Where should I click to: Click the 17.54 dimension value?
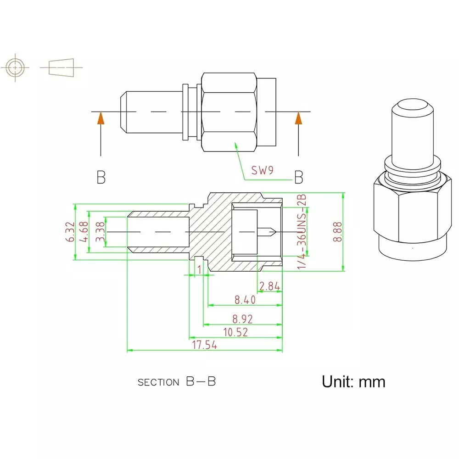[204, 345]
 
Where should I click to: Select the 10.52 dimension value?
[235, 332]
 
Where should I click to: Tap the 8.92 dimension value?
[243, 319]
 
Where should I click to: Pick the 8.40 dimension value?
[244, 300]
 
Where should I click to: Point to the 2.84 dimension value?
[269, 286]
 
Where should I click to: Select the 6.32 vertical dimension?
[70, 232]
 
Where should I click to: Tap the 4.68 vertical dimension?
[84, 232]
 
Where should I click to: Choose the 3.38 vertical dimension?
[100, 232]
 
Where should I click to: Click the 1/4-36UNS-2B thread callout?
[302, 232]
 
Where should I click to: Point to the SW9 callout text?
[262, 171]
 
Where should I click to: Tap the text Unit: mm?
[353, 381]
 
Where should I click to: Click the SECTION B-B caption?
[177, 381]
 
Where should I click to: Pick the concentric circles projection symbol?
[16, 68]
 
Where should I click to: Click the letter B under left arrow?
[101, 178]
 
